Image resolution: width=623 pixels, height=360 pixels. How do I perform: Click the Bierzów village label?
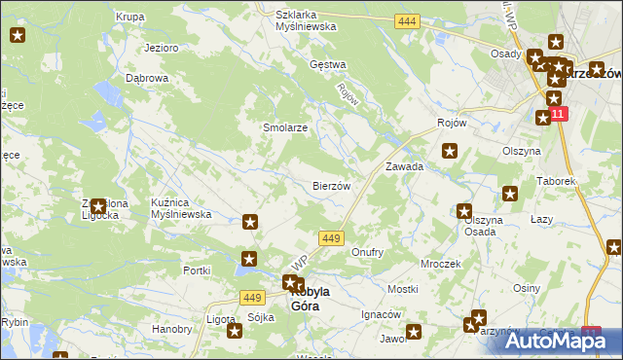(331, 185)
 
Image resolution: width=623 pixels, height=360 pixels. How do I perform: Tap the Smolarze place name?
(259, 127)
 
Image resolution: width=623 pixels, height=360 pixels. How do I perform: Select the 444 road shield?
(408, 21)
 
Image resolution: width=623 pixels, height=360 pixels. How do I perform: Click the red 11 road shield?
(557, 114)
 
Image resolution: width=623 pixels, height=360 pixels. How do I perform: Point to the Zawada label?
(404, 166)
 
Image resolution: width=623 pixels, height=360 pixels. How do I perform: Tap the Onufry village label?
(367, 252)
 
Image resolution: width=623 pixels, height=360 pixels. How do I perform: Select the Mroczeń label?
(440, 264)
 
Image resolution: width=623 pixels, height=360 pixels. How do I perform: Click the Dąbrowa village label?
(148, 78)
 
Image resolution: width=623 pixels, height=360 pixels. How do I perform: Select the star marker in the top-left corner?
(18, 36)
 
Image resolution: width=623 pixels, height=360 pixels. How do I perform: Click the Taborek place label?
(557, 181)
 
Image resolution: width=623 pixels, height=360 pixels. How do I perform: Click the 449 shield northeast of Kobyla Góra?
(331, 238)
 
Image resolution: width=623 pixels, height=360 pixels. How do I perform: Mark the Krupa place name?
(129, 17)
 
